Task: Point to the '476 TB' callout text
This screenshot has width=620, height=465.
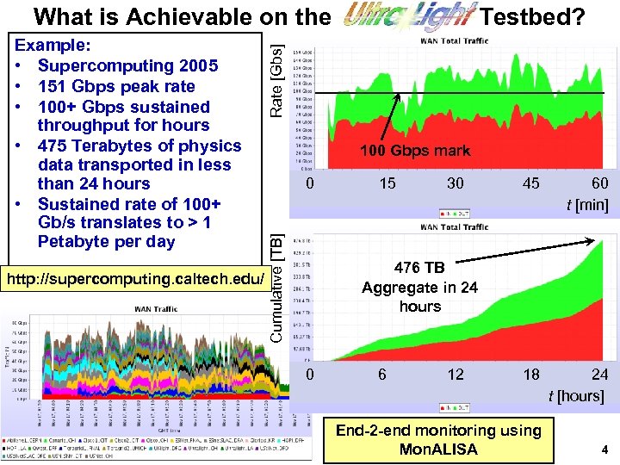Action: pos(419,268)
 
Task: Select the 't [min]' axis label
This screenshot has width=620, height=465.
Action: pos(586,205)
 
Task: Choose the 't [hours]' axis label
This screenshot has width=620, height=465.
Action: pos(579,395)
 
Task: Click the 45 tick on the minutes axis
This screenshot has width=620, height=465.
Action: pos(531,183)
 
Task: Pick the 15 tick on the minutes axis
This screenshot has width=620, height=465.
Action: pos(388,183)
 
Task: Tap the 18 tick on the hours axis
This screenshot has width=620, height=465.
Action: pos(531,374)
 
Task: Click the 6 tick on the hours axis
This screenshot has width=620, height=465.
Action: pos(383,374)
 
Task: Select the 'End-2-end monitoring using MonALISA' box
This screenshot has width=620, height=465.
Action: pos(437,439)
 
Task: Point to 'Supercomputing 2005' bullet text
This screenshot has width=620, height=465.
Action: pos(127,65)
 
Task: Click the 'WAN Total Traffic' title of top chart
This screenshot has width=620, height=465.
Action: pos(453,40)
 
